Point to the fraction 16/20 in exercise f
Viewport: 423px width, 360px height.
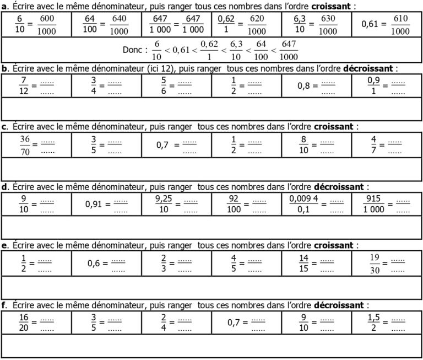click(x=23, y=322)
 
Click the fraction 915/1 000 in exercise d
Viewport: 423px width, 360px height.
click(x=376, y=203)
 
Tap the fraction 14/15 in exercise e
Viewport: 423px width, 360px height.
click(x=304, y=262)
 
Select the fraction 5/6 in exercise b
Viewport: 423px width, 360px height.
click(x=162, y=85)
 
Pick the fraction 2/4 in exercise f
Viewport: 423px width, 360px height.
click(x=164, y=322)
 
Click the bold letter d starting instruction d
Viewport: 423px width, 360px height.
click(x=4, y=186)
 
